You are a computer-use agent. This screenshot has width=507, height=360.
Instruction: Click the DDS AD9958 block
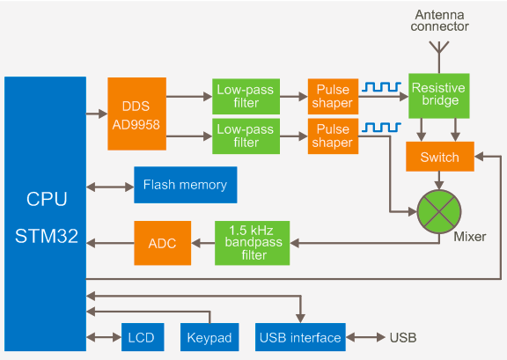(x=136, y=114)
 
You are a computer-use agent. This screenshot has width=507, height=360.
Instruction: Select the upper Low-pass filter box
(x=246, y=97)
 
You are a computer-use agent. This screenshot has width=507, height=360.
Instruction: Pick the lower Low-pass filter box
(x=246, y=136)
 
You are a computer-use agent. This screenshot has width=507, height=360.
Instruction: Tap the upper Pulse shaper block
(x=333, y=97)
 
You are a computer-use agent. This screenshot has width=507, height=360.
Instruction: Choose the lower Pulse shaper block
(x=333, y=136)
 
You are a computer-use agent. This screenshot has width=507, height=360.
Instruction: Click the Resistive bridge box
(x=438, y=96)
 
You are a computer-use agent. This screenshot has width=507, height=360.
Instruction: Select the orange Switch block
(x=440, y=157)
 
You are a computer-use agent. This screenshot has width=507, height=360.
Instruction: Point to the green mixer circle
(x=439, y=211)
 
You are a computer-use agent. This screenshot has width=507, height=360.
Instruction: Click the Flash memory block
(x=185, y=185)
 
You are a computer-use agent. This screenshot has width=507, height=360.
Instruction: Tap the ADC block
(x=162, y=243)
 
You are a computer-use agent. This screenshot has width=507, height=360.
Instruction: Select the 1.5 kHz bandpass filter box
(x=253, y=243)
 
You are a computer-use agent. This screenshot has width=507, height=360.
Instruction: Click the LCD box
(x=143, y=337)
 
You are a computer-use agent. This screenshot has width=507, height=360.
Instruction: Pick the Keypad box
(x=209, y=337)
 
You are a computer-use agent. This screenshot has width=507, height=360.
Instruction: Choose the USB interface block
(x=300, y=337)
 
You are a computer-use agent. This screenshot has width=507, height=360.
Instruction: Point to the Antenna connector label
(x=440, y=21)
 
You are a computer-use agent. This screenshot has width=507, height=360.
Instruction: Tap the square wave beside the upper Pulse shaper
(x=381, y=86)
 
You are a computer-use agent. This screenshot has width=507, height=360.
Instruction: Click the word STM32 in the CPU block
(x=47, y=236)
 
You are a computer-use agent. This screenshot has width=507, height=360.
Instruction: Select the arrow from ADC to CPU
(x=110, y=243)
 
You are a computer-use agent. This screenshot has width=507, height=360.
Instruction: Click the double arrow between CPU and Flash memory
(x=110, y=187)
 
